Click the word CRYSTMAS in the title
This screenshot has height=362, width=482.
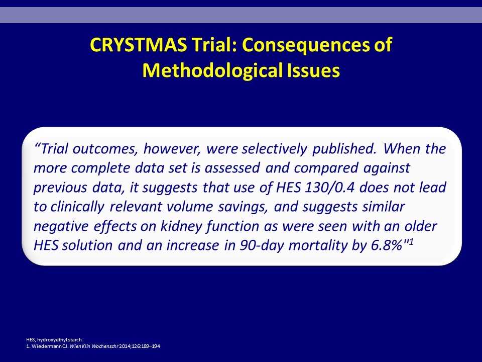pyautogui.click(x=139, y=45)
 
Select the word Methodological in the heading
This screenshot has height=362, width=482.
pyautogui.click(x=212, y=71)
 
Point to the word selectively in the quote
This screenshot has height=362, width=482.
pyautogui.click(x=274, y=149)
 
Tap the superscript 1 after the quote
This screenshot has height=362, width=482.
pyautogui.click(x=410, y=241)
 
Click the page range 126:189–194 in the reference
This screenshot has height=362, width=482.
pyautogui.click(x=147, y=346)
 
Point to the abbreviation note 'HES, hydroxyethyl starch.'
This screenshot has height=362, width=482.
pyautogui.click(x=54, y=340)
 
